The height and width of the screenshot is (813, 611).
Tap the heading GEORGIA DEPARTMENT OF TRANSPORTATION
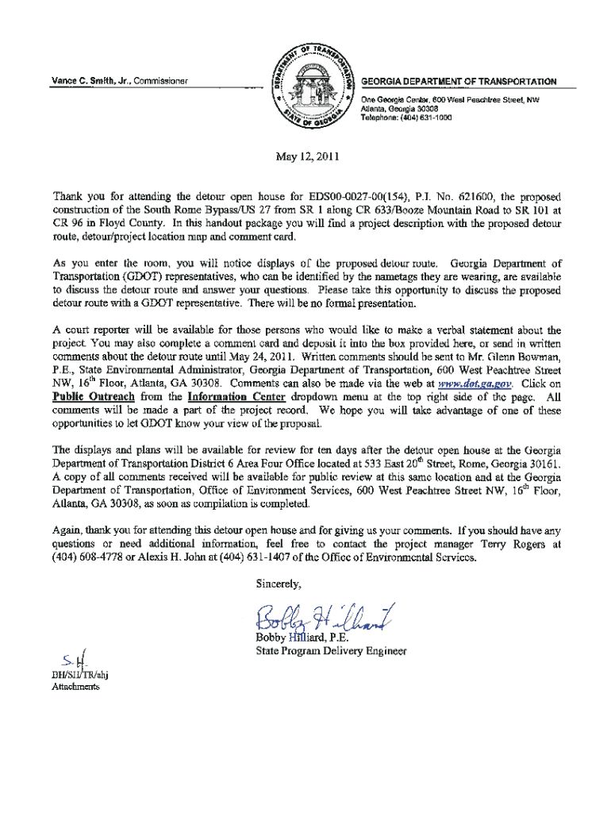pyautogui.click(x=458, y=82)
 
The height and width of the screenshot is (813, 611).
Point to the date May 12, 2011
pyautogui.click(x=305, y=156)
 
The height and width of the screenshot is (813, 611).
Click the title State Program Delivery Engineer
pyautogui.click(x=331, y=651)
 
